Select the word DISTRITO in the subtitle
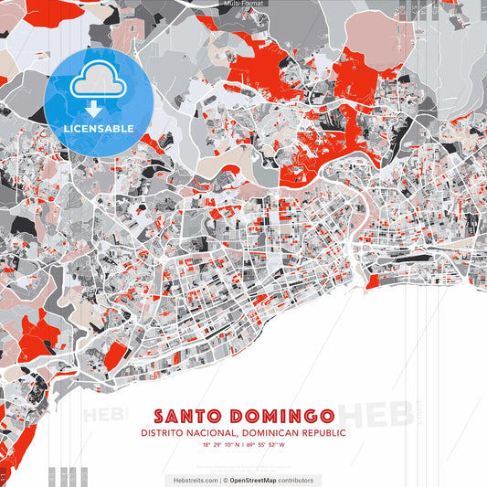(161, 434)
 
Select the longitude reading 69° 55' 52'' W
(266, 445)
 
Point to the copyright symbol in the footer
(226, 480)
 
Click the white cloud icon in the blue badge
(97, 85)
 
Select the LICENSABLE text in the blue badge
(99, 127)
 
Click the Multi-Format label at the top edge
(243, 4)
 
